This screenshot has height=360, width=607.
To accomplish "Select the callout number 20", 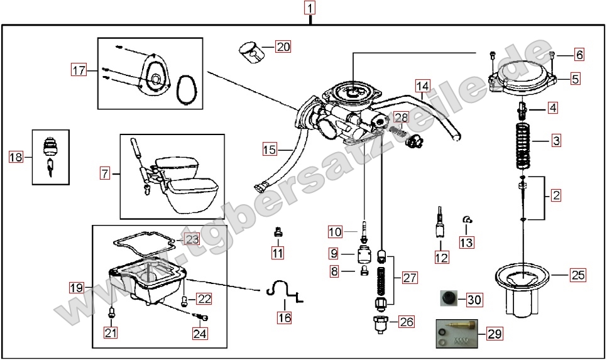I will [x=283, y=46].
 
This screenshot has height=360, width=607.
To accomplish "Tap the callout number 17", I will [x=79, y=70].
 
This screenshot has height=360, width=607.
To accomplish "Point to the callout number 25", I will [x=577, y=275].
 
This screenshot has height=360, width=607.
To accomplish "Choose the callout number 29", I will [x=495, y=334].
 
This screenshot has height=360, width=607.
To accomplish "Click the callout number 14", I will [x=422, y=85].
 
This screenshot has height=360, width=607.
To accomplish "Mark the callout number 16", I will [x=284, y=317].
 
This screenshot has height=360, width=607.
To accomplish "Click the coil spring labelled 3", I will [x=522, y=146].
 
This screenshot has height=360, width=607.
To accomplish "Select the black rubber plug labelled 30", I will [x=448, y=298].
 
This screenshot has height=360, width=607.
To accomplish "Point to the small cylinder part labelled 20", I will [x=252, y=53].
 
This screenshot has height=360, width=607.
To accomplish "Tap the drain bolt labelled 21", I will [x=111, y=311].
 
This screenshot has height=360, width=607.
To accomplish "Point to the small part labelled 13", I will [x=466, y=219].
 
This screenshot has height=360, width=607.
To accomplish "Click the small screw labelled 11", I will [x=277, y=233].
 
